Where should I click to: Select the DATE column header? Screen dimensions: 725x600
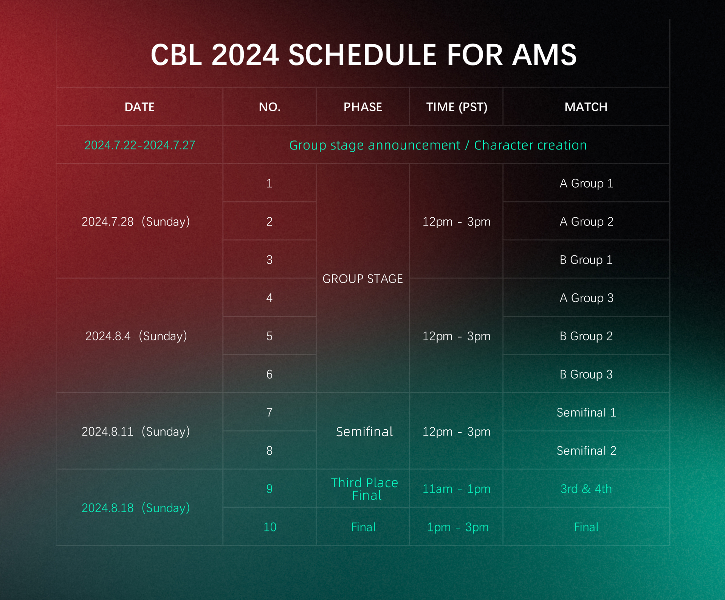(x=139, y=107)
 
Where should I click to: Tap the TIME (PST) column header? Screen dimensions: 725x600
(x=457, y=107)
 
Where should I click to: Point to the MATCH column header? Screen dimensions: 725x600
(x=586, y=107)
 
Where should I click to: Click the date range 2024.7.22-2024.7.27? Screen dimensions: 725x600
(x=140, y=145)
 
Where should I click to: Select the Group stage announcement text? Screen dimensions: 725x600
(x=375, y=145)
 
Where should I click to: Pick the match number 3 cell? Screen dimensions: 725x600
(x=270, y=260)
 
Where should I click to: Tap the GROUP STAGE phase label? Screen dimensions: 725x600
(x=362, y=279)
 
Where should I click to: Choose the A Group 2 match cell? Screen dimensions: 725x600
(x=586, y=221)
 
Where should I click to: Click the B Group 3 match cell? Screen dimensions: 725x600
(x=586, y=374)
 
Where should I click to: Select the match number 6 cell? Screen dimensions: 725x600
(x=270, y=374)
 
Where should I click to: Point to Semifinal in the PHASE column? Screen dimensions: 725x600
(x=364, y=432)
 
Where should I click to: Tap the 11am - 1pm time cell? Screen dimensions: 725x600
(x=457, y=489)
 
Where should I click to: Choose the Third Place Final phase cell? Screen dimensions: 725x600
(x=364, y=489)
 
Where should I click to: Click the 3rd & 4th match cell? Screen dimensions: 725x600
(x=586, y=489)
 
